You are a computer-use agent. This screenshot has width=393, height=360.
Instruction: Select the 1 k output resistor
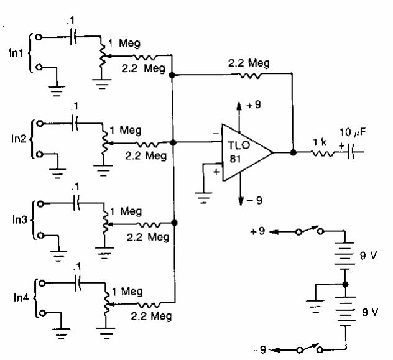click(x=323, y=151)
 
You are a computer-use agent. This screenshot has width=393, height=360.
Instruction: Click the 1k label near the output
click(x=323, y=141)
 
